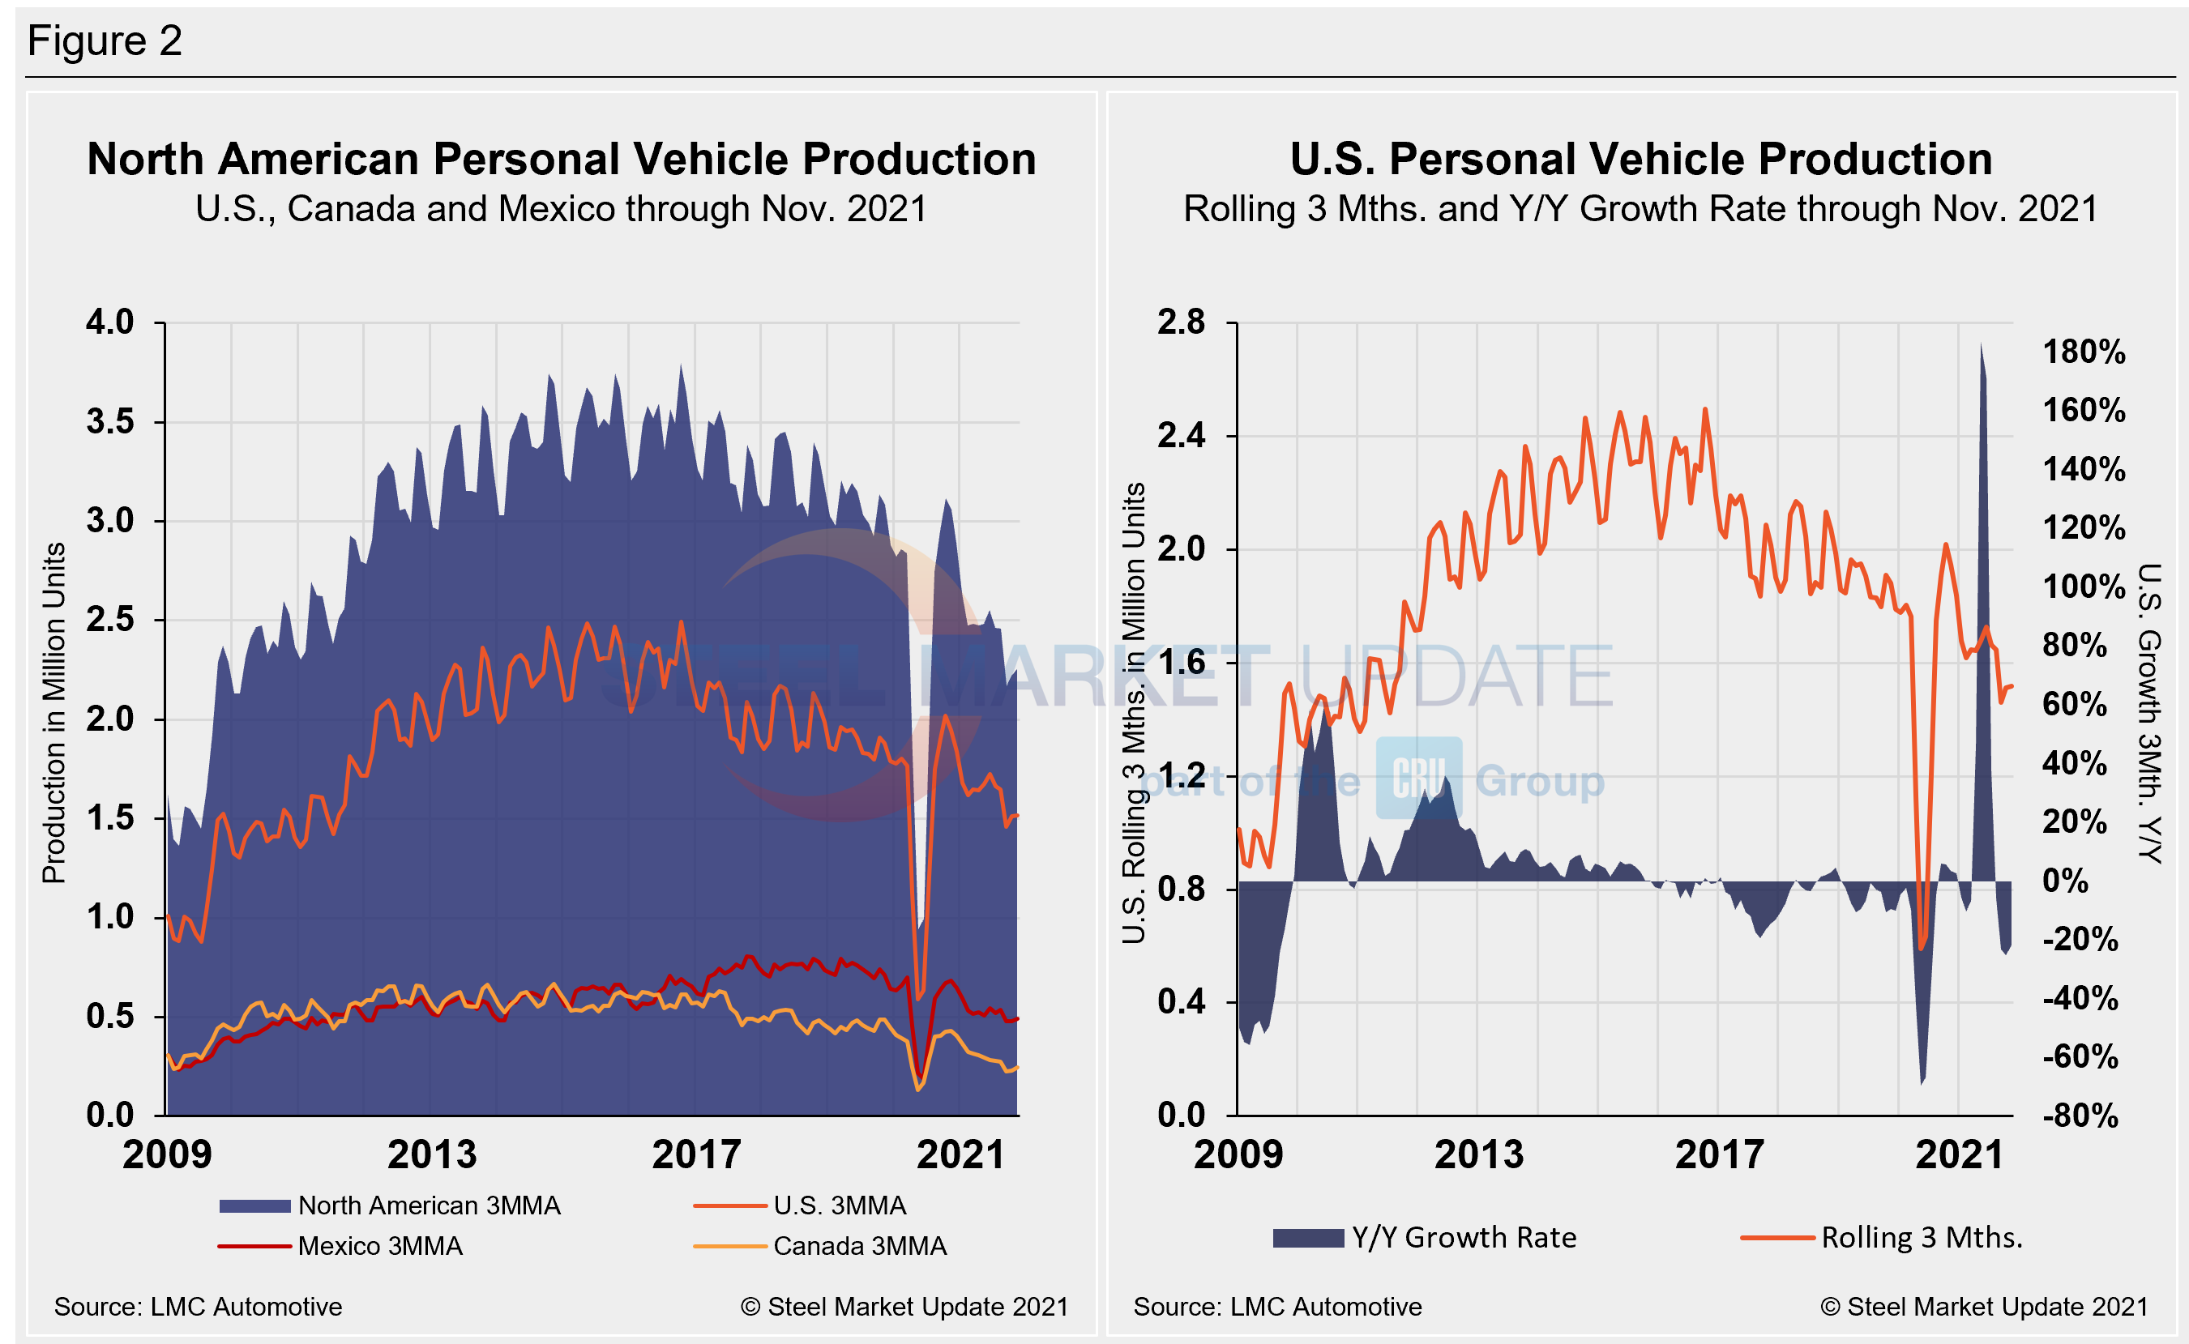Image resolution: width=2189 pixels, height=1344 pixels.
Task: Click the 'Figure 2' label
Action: [x=104, y=41]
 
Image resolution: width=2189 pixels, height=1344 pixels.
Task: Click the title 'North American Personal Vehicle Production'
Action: [x=561, y=160]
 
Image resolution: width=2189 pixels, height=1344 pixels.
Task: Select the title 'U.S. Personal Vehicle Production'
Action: [x=1640, y=160]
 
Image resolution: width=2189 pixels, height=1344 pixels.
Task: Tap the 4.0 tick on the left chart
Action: [x=109, y=322]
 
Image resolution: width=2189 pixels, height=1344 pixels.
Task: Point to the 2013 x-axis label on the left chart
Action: [x=431, y=1154]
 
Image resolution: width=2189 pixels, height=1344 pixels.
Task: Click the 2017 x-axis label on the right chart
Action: [x=1719, y=1154]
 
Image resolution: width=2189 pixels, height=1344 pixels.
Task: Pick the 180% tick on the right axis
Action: [x=2083, y=352]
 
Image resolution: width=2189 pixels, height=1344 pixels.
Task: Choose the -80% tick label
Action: [x=2080, y=1116]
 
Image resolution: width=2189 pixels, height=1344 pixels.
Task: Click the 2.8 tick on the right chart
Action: [x=1181, y=322]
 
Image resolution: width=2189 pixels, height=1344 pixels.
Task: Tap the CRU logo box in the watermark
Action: [x=1418, y=778]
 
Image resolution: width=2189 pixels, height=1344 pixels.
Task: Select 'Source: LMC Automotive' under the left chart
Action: [x=198, y=1307]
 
